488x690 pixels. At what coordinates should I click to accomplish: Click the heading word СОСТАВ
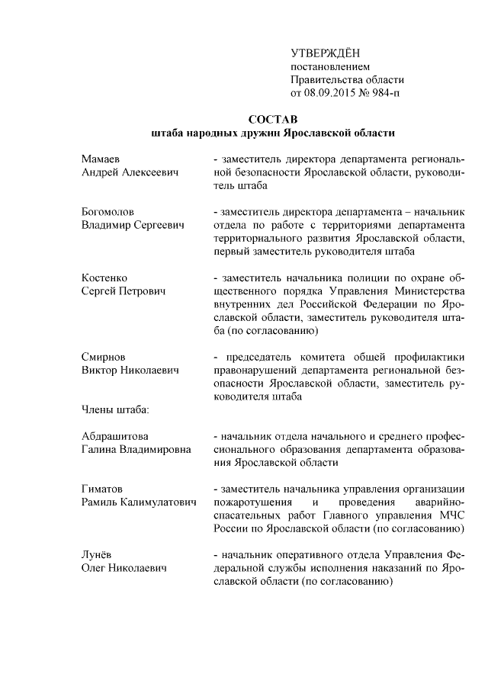pyautogui.click(x=272, y=119)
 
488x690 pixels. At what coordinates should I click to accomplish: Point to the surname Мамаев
pyautogui.click(x=101, y=159)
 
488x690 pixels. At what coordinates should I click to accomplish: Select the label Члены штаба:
pyautogui.click(x=115, y=409)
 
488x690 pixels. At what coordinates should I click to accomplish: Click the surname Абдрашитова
pyautogui.click(x=115, y=436)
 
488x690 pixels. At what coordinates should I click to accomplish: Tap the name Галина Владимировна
pyautogui.click(x=136, y=450)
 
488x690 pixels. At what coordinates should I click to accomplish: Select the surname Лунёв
pyautogui.click(x=98, y=554)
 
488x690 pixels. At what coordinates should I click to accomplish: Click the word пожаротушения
pyautogui.click(x=251, y=502)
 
